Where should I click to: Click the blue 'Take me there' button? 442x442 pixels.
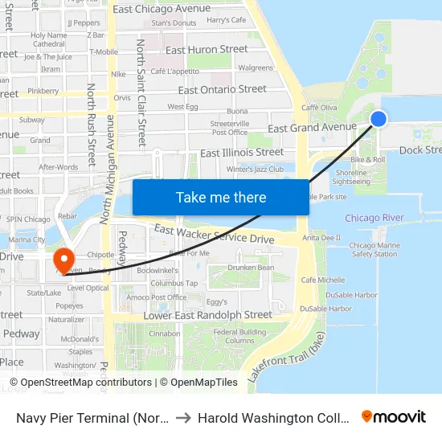(220, 197)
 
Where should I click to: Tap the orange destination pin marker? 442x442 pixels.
(63, 259)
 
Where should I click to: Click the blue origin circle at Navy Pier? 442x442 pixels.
(379, 119)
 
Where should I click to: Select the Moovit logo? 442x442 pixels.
(394, 416)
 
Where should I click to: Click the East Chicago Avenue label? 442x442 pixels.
(162, 9)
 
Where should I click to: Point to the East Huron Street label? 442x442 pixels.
(207, 49)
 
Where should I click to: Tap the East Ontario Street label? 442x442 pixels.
(222, 89)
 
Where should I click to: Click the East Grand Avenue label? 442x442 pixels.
(312, 127)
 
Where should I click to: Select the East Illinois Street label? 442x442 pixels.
(242, 152)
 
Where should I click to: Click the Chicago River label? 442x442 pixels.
(374, 218)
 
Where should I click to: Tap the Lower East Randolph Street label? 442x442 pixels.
(208, 315)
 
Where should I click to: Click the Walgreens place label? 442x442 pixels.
(256, 68)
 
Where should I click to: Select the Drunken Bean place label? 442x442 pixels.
(250, 268)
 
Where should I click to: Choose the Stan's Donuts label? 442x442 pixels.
(174, 23)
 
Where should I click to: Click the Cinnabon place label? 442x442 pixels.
(164, 334)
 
